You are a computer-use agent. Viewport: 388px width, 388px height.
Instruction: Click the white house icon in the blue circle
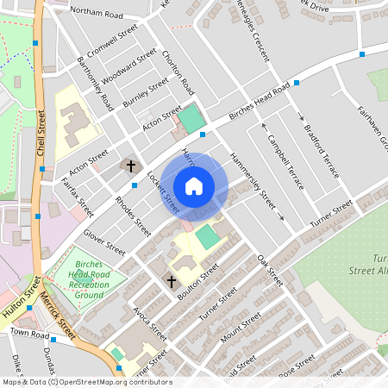coord(194,186)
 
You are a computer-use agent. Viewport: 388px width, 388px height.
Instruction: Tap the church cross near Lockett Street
coord(131,165)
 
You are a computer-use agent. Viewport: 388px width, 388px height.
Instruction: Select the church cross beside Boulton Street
coord(171,281)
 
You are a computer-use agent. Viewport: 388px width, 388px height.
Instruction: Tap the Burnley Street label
coord(146,91)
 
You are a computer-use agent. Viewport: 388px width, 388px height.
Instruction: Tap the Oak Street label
coord(269,269)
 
